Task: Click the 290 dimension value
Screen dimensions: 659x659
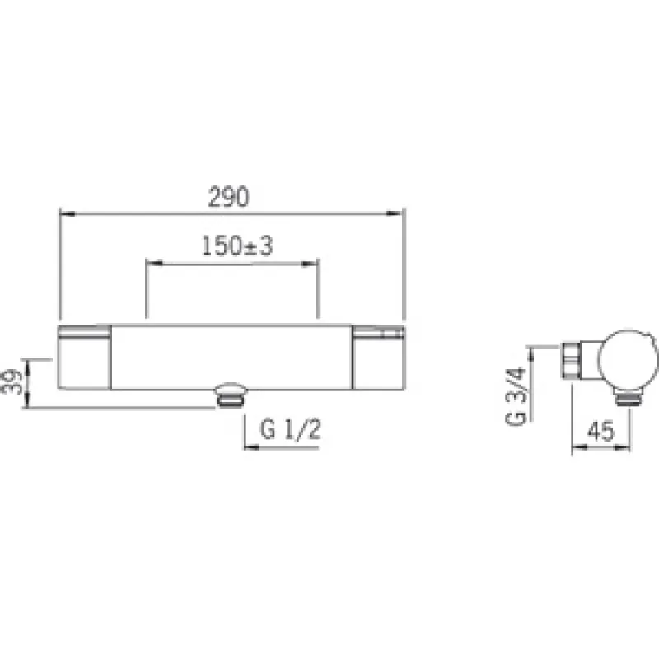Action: tap(229, 196)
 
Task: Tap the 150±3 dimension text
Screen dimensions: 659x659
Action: tap(237, 245)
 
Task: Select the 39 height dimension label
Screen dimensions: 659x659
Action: tap(12, 381)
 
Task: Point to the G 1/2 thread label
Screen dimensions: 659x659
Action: tap(291, 429)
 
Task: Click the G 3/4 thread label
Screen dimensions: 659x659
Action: tap(516, 396)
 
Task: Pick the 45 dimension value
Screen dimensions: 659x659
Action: tap(601, 431)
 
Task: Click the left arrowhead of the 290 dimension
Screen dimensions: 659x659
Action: tap(68, 214)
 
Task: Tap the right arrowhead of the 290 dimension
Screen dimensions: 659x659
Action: tap(395, 213)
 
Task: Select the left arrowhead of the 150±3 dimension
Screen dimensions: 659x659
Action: tap(154, 264)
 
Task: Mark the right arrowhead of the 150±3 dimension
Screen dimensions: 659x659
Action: tap(311, 264)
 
